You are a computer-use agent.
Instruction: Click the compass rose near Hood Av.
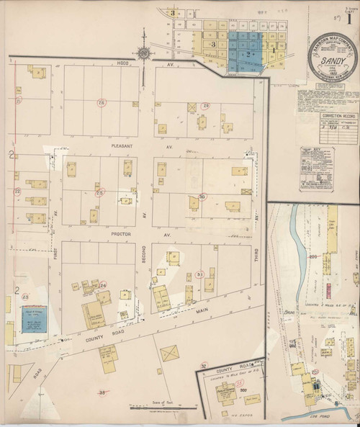[144, 53]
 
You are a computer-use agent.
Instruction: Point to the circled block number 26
[102, 103]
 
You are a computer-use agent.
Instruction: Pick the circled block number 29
[205, 107]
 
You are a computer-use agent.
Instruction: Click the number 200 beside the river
[312, 256]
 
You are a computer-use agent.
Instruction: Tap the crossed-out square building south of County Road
[171, 354]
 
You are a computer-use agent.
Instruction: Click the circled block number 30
[202, 196]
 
